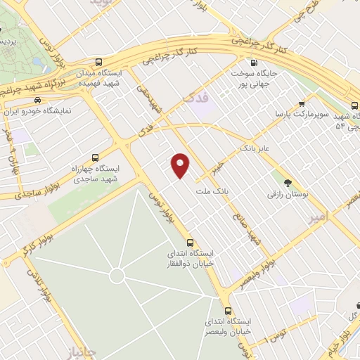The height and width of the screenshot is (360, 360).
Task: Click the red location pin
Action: point(181,165)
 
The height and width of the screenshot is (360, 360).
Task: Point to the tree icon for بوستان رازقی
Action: point(288,182)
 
